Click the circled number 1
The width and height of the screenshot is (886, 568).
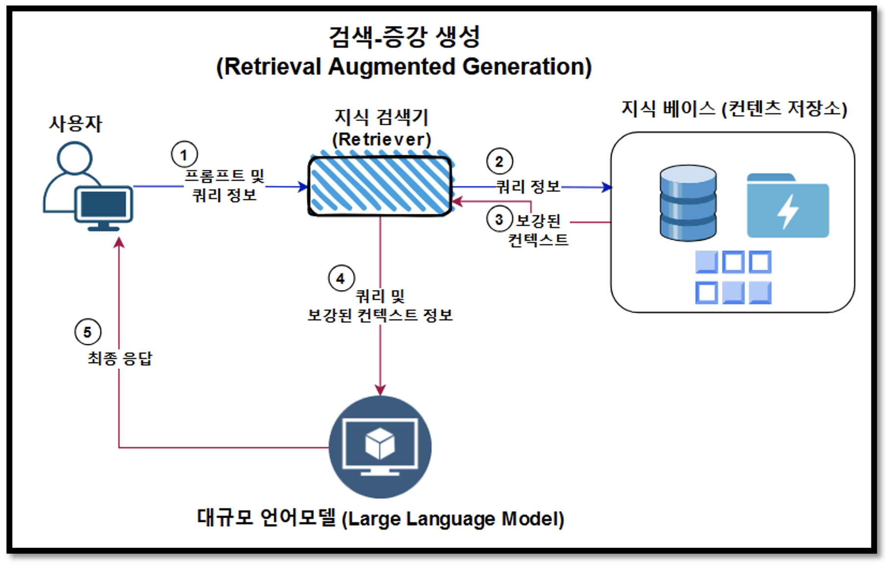(x=184, y=154)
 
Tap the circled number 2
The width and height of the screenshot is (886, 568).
(x=499, y=161)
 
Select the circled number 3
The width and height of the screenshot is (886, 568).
(x=499, y=219)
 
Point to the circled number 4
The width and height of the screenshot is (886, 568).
(x=341, y=278)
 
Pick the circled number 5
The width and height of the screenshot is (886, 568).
(x=88, y=332)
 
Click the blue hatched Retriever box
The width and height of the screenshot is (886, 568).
(x=380, y=185)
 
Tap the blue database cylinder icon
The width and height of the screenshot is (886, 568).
(x=688, y=203)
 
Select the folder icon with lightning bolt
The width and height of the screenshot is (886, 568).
(x=788, y=206)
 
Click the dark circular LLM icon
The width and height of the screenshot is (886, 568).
(x=380, y=447)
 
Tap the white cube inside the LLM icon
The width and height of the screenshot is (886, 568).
(x=380, y=443)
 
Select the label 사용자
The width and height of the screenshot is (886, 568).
(x=75, y=123)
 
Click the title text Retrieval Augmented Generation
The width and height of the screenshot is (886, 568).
(x=404, y=67)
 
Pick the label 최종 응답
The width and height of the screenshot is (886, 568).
(x=120, y=358)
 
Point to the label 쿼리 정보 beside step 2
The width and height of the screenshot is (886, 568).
(x=528, y=186)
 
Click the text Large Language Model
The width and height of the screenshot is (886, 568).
(x=453, y=519)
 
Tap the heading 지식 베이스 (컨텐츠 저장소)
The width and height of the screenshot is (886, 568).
(x=734, y=108)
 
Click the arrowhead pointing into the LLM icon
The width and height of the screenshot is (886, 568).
(x=380, y=389)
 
